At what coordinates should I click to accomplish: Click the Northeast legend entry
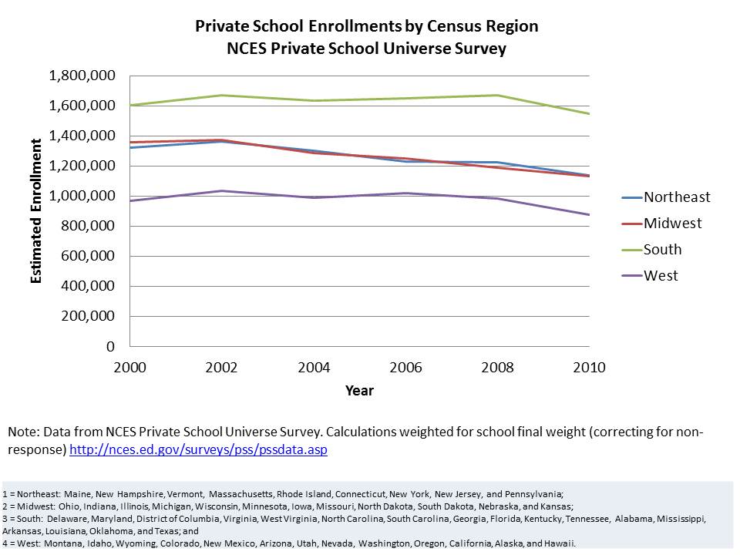coord(677,197)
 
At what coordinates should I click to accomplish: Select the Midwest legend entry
coord(673,224)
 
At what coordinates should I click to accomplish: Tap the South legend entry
coord(662,250)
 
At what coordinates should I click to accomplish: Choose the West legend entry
coord(661,276)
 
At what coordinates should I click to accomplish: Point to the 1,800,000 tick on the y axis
coord(82,76)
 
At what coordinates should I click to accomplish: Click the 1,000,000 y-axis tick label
coord(82,196)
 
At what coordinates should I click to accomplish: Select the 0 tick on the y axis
coord(111,346)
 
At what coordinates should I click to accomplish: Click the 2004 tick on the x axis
coord(314,367)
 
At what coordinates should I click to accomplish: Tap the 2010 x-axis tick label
coord(590,367)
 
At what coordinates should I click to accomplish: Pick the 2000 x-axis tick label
coord(130,367)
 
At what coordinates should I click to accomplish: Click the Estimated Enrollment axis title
coord(36,210)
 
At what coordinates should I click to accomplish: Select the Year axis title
coord(359,391)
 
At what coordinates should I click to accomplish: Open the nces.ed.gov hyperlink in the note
coord(198,449)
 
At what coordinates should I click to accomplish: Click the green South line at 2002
coord(222,96)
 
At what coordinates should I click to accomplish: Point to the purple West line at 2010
coord(590,214)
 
